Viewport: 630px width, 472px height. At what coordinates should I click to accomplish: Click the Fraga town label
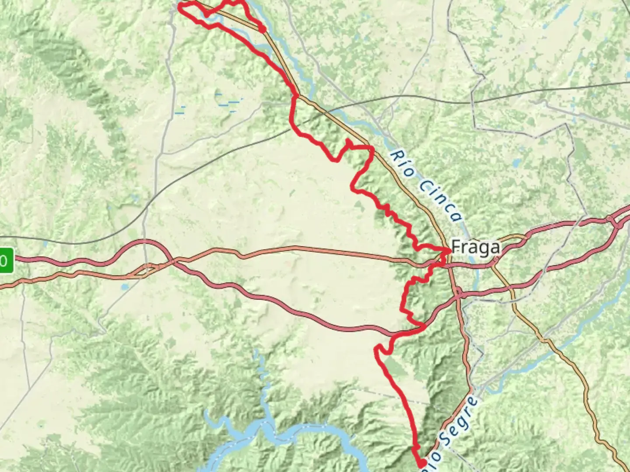(x=475, y=247)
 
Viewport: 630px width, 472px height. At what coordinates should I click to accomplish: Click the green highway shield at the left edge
(x=5, y=261)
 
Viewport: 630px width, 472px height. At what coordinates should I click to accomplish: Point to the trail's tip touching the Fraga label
(x=449, y=250)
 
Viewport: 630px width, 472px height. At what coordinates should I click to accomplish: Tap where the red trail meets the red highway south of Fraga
(x=423, y=326)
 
